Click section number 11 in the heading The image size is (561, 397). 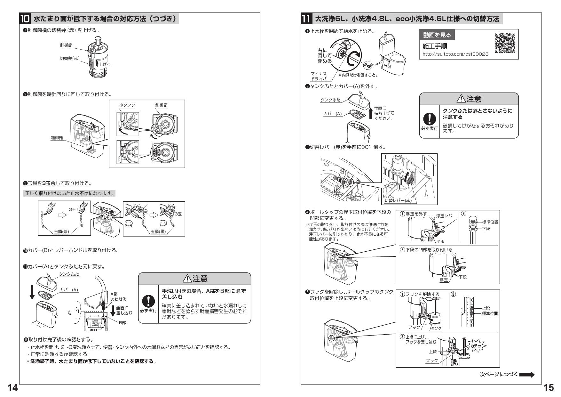point(306,19)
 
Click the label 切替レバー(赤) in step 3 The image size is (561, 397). point(398,201)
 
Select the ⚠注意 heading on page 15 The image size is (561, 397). point(469,99)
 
